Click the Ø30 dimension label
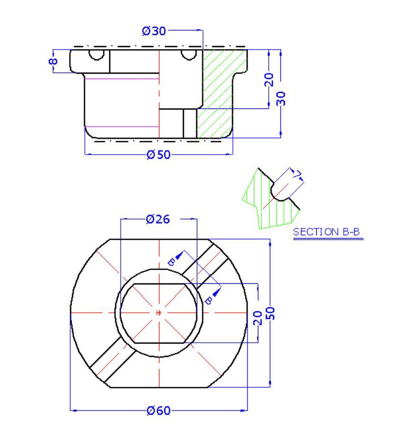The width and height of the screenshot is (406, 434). tap(153, 31)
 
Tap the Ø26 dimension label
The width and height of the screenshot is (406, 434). tap(158, 219)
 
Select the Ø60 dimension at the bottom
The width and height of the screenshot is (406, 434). tap(158, 410)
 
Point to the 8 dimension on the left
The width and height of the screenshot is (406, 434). tap(53, 61)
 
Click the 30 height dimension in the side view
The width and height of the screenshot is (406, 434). tap(281, 98)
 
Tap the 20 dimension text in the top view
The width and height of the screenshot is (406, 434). tap(258, 319)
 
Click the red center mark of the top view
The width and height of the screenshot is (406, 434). tap(158, 313)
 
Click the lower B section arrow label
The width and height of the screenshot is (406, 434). tap(208, 299)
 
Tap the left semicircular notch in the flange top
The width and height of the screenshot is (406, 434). tap(97, 54)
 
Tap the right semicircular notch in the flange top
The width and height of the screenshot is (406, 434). tap(188, 54)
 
